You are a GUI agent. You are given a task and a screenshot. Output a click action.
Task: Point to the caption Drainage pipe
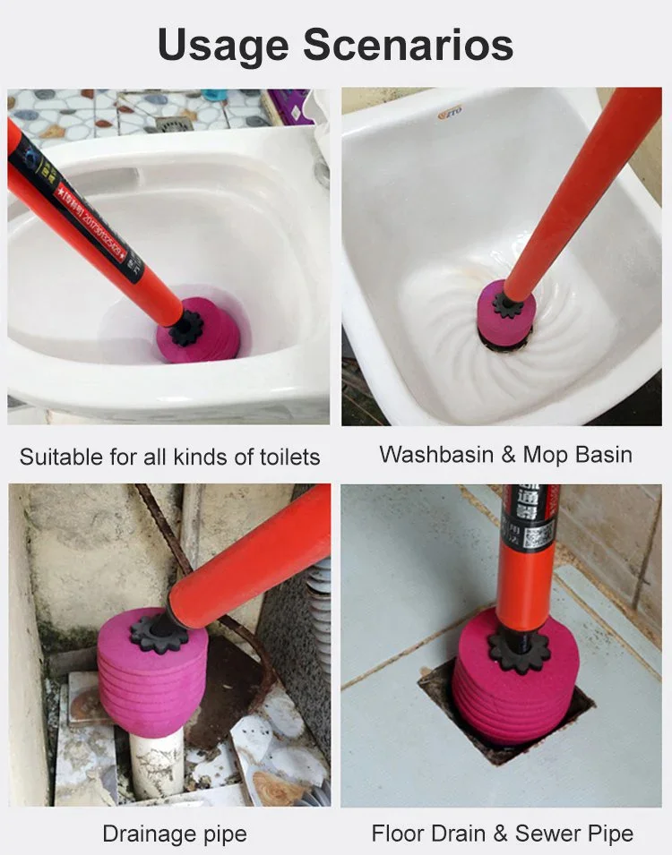pos(174,834)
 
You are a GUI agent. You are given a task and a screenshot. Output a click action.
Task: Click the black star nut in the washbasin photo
pos(507,304)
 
